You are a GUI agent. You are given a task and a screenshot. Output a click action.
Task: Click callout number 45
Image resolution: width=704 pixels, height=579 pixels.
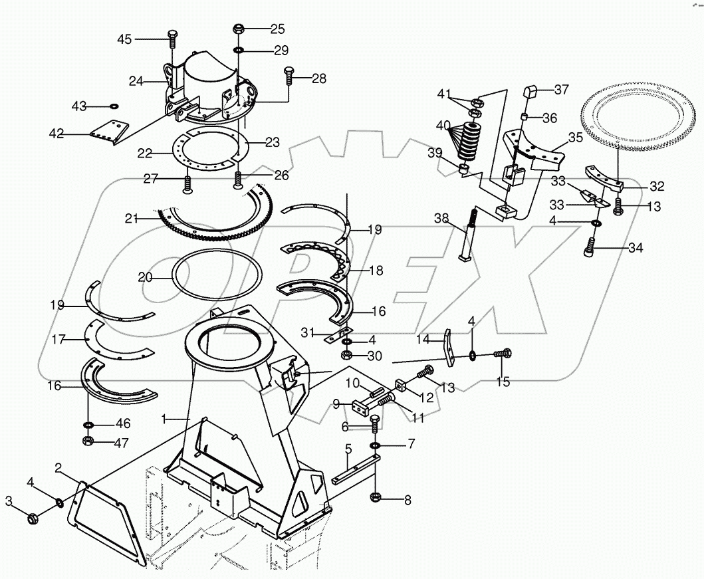[x=124, y=39]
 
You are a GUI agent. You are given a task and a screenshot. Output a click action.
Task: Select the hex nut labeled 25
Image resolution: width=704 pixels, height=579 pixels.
[x=239, y=30]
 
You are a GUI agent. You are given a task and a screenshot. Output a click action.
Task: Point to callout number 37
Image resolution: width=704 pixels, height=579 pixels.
[x=562, y=90]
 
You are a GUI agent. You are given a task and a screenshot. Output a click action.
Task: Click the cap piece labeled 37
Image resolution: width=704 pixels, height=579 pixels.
[x=530, y=92]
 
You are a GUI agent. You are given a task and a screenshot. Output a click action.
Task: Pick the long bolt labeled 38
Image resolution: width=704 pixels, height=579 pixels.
[x=469, y=234]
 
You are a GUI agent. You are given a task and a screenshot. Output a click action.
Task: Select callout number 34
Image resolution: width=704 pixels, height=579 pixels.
[x=636, y=248]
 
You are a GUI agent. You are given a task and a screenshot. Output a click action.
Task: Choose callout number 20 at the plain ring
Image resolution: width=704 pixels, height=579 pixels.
[x=146, y=278]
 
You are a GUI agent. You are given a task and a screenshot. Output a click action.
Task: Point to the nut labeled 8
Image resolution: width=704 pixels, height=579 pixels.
[x=376, y=498]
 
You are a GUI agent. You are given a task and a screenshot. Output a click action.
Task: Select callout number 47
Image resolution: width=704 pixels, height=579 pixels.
[x=121, y=443]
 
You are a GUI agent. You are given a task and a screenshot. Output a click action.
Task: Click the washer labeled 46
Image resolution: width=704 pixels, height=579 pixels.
[x=88, y=425]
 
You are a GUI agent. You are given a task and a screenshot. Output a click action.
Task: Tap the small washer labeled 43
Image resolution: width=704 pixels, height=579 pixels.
[x=114, y=106]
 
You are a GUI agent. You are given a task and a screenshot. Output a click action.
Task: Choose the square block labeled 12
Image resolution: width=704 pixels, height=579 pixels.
[x=400, y=385]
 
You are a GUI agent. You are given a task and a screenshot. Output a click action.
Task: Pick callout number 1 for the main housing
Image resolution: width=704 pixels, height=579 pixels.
[x=164, y=419]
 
